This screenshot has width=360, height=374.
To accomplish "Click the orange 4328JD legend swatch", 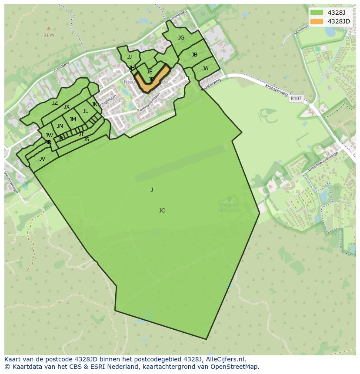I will (x=317, y=21).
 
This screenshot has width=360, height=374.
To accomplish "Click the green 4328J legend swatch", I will (x=317, y=13).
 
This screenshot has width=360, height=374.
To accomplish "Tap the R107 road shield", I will (x=296, y=99).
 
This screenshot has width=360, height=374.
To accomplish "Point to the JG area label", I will (x=181, y=38).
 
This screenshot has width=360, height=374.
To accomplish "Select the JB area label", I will (x=194, y=55).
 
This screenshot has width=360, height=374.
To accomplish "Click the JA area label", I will (x=205, y=69).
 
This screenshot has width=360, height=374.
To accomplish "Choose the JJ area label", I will (x=130, y=57).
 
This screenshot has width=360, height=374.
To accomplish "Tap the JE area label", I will (x=150, y=72).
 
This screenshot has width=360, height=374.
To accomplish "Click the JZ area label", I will (x=55, y=103).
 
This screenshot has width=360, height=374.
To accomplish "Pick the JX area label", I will (x=67, y=107).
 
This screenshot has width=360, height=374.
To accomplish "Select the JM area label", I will (x=73, y=119).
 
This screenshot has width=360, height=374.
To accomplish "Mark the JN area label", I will (x=60, y=126).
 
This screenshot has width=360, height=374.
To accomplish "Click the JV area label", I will (x=42, y=159).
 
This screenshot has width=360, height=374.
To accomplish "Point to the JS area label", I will (x=86, y=139).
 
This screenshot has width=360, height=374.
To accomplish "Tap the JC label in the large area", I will (x=162, y=211).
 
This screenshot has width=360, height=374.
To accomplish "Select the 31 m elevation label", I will (x=49, y=35).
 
